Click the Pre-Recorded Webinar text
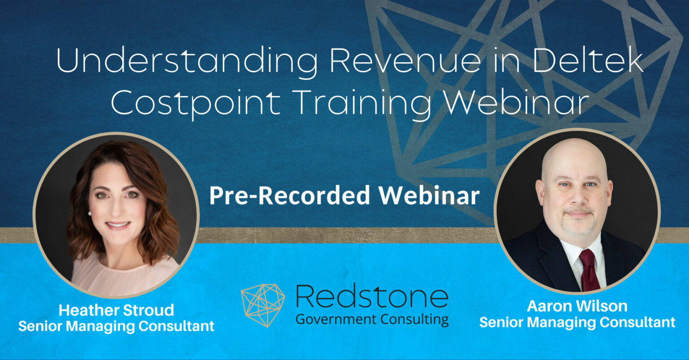pos(344,195)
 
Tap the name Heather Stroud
pos(116,310)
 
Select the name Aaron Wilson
pos(577,306)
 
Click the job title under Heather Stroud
pos(116,326)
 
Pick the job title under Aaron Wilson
pos(577,322)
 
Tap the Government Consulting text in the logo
pos(372,319)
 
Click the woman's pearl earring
pos(89,214)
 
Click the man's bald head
pos(575,155)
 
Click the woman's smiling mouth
pos(118,225)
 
